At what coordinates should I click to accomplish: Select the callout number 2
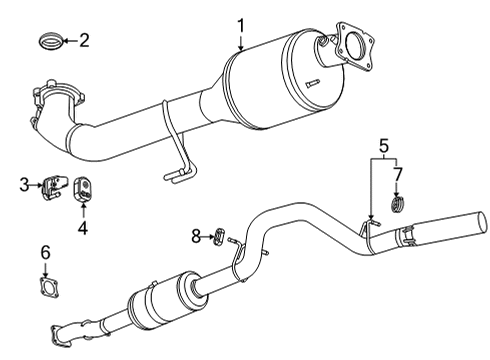pyautogui.click(x=84, y=40)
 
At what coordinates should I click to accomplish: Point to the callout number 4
pyautogui.click(x=83, y=227)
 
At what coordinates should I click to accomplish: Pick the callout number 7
pyautogui.click(x=397, y=175)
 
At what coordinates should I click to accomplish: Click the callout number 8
pyautogui.click(x=196, y=236)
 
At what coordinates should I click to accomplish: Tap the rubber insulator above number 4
pyautogui.click(x=82, y=187)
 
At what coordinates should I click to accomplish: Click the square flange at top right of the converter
pyautogui.click(x=352, y=44)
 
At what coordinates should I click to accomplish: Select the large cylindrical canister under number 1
pyautogui.click(x=270, y=80)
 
